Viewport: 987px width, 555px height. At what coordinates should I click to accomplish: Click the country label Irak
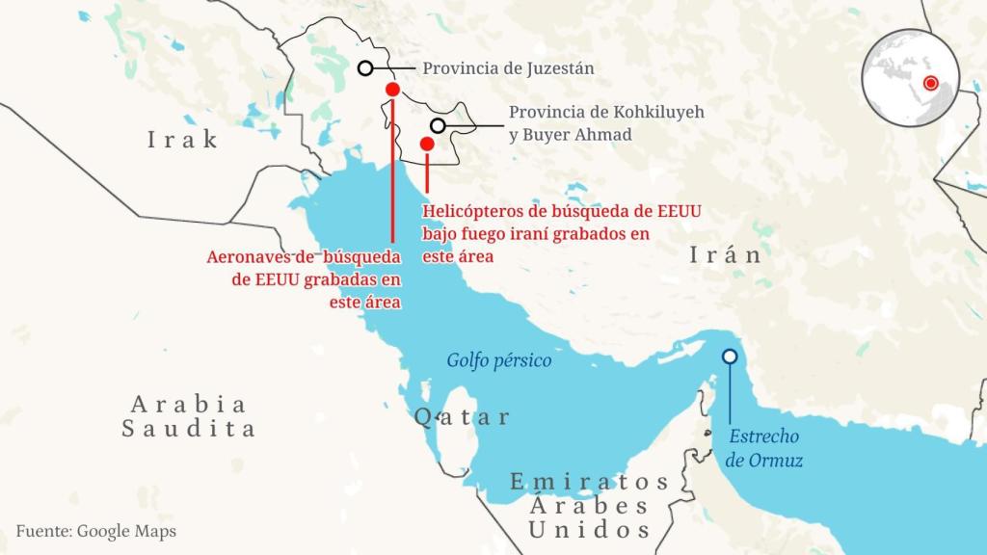[x=182, y=140]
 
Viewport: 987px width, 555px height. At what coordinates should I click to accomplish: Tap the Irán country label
[x=726, y=255]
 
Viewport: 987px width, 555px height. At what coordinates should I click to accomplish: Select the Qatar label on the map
[x=462, y=417]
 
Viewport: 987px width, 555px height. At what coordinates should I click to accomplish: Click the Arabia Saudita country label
[x=189, y=416]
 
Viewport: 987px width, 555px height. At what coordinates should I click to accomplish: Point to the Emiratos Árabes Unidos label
[x=590, y=505]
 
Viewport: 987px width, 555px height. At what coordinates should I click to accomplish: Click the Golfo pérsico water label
[x=498, y=360]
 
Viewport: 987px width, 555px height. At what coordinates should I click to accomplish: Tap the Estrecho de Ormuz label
[x=765, y=448]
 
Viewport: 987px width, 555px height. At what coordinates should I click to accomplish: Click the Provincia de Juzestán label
[x=508, y=68]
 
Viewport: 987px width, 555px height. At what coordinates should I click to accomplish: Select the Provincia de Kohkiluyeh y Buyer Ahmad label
[x=606, y=123]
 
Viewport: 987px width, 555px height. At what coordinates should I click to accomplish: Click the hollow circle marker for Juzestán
[x=365, y=67]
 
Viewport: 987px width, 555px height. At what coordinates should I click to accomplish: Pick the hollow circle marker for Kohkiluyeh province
[x=438, y=125]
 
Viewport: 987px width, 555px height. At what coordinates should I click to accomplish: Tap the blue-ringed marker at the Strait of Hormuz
[x=730, y=357]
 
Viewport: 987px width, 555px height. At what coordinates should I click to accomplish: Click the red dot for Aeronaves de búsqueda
[x=392, y=90]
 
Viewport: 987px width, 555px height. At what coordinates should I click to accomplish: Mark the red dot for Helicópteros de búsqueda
[x=427, y=144]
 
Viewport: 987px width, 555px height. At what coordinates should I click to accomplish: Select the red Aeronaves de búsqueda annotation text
[x=305, y=279]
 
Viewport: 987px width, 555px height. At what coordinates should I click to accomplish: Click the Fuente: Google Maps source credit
[x=96, y=531]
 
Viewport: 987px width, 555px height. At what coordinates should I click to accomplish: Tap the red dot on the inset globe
[x=930, y=84]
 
